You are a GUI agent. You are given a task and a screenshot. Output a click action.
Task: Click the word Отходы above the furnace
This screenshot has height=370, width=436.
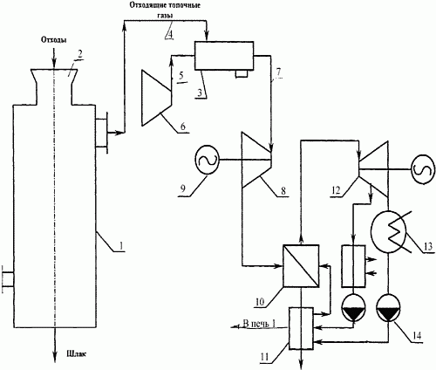pos(54,40)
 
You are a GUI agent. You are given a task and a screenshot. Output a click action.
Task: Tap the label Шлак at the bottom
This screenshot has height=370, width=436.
pos(77,354)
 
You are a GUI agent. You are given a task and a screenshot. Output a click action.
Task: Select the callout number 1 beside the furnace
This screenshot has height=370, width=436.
pos(122,246)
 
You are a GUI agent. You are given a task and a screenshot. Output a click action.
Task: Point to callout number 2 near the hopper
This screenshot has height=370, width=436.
pos(79,54)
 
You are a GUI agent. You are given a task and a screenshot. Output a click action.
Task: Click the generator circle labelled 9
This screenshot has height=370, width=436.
pos(207,160)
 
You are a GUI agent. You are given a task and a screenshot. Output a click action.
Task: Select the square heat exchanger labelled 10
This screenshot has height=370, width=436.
pos(301,266)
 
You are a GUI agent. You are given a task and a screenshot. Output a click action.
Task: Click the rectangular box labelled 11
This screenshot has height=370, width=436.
pos(301,328)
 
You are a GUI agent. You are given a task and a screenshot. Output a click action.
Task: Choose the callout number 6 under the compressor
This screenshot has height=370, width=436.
pos(183,126)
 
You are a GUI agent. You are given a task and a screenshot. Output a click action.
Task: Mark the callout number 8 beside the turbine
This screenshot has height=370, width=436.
pos(283,190)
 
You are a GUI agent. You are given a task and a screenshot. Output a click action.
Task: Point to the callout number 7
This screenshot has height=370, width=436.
pos(279,72)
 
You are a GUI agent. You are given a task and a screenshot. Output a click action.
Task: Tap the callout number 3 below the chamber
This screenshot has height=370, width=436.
pos(200,92)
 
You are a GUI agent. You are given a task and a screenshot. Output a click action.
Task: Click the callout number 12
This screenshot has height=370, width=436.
pos(336,190)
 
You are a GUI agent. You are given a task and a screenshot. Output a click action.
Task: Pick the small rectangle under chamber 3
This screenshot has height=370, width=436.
pos(242,74)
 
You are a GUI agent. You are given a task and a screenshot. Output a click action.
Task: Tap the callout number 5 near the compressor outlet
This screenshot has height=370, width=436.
pos(181,76)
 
